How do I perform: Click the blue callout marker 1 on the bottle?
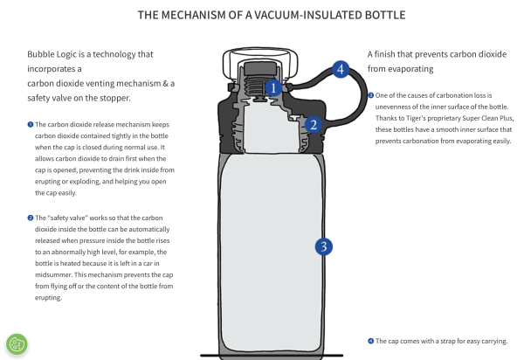272,87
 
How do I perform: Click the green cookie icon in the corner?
17,343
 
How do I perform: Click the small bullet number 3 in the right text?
371,95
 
